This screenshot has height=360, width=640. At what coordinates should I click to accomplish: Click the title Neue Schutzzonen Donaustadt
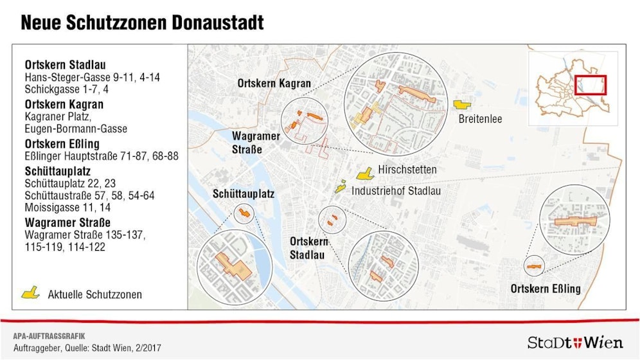click(141, 23)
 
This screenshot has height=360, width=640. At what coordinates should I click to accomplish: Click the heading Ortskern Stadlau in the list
click(65, 65)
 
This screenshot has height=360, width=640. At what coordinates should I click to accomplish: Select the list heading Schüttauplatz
click(57, 172)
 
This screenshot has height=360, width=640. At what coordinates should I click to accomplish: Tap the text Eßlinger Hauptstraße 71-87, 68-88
click(102, 156)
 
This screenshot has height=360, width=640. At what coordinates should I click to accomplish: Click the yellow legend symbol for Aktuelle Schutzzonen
click(31, 293)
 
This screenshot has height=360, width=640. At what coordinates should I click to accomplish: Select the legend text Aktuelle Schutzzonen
click(95, 294)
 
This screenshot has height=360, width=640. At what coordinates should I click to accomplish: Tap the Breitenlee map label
click(480, 119)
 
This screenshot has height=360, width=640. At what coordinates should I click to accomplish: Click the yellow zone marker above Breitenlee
click(462, 104)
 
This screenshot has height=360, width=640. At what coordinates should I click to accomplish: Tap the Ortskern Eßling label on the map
click(546, 289)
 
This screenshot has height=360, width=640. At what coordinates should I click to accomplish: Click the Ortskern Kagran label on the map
click(274, 84)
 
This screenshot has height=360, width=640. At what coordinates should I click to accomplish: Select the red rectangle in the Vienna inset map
click(590, 85)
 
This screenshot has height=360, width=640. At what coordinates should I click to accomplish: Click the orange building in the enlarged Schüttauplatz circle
click(234, 266)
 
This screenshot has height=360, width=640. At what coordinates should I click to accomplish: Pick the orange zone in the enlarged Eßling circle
click(574, 221)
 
